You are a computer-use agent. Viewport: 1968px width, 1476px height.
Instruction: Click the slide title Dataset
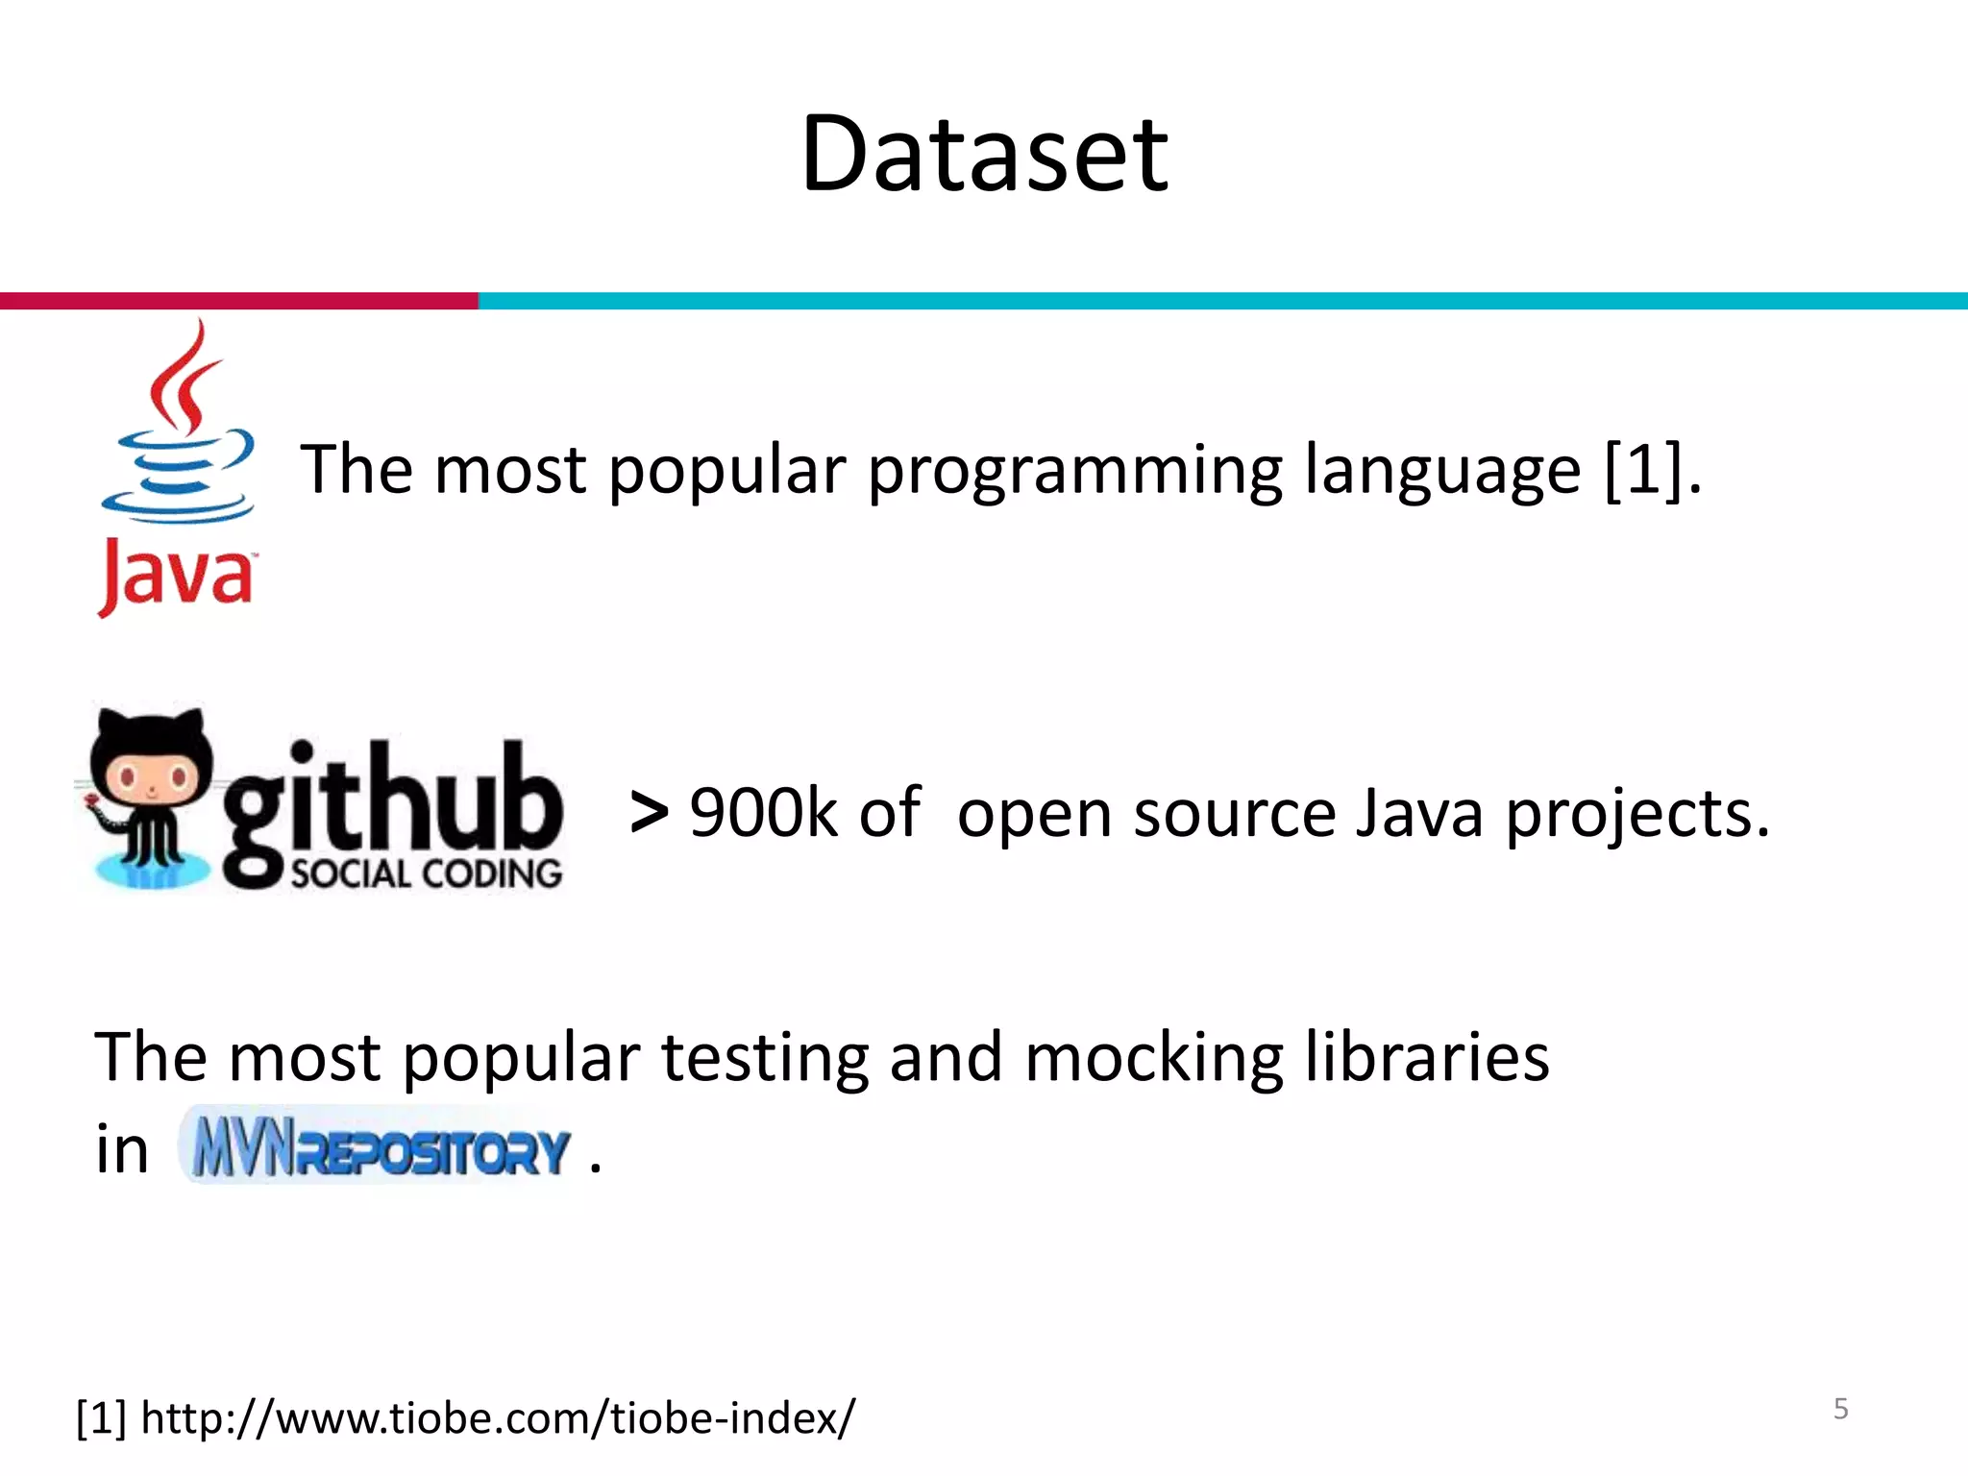coord(984,154)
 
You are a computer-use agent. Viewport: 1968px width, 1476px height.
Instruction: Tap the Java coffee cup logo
coord(178,428)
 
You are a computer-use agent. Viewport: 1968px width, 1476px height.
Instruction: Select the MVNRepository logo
coord(380,1148)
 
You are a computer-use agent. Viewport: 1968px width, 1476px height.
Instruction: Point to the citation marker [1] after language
coord(1643,470)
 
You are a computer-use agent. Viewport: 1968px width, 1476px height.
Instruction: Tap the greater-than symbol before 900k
coord(650,813)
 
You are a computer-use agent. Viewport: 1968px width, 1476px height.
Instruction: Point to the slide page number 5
coord(1840,1409)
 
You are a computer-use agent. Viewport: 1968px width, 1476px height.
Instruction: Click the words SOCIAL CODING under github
coord(426,874)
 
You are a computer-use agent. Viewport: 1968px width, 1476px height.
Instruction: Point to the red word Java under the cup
coord(176,577)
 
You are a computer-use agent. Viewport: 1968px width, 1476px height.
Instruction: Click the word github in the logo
coord(392,802)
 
